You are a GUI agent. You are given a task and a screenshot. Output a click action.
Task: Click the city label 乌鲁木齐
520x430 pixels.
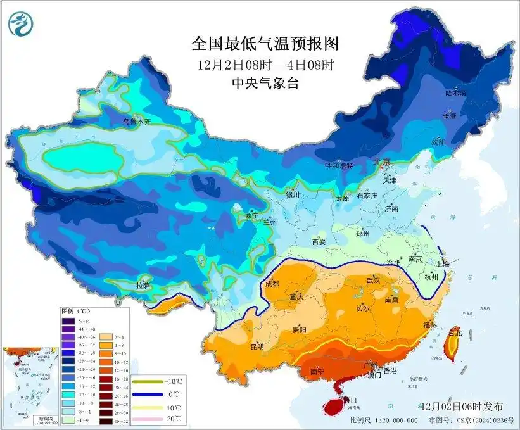137,121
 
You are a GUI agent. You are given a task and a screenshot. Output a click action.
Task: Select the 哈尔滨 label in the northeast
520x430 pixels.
455,93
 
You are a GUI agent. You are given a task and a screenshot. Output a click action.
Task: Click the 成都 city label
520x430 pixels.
272,284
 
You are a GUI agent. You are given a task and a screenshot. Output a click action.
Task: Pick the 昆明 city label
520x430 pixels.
257,346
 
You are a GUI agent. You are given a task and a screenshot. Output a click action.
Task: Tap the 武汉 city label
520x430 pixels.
373,280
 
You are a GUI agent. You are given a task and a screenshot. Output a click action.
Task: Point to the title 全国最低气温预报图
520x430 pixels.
265,44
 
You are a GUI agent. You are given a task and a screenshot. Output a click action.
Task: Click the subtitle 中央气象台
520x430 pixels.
265,83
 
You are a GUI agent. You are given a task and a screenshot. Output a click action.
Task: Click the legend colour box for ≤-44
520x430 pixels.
68,321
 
